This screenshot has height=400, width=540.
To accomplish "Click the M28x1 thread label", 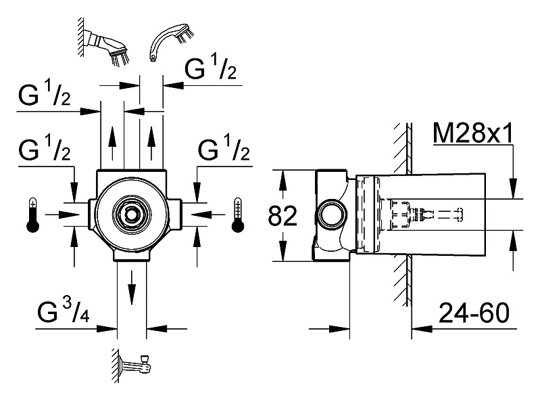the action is pos(473,133).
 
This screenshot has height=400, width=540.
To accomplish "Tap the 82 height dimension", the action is pos(283,216).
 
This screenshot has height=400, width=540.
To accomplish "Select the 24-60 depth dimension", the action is pos(474,313).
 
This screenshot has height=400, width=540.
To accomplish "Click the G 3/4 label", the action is pos(64,311).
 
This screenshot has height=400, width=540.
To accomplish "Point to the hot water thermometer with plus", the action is pos(32,215).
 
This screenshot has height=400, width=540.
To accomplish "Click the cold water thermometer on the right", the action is pos(238,215).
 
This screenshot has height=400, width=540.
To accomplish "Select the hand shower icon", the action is pos(172,41).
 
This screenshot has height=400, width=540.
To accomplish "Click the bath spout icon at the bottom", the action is pos(132,365).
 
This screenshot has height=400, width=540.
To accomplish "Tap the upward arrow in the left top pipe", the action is pos(112,143).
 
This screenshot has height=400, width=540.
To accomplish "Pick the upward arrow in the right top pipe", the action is pos(151,143).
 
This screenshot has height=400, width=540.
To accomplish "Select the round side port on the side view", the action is pos(330,216).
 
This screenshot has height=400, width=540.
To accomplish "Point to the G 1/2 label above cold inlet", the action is pos(224,148).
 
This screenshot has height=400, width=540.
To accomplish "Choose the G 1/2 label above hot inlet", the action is pos(45,148).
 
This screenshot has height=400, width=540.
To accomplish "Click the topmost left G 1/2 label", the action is pos(45,93).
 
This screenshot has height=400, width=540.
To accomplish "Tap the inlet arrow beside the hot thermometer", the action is pos(63,215).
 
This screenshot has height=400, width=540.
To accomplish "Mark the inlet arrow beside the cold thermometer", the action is pos(207,215).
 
